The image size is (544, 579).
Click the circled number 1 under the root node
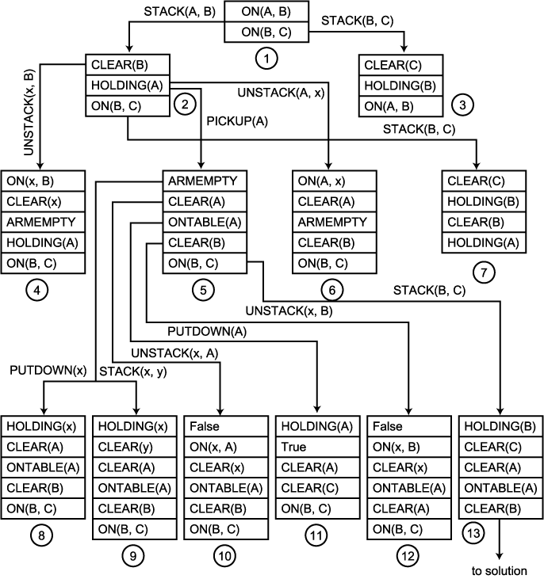pos(266,58)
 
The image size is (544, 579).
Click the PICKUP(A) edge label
pos(237,120)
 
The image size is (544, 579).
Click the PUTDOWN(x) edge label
pos(36,369)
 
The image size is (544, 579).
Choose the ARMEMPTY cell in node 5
pos(205,181)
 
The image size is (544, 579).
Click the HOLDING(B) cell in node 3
pos(399,86)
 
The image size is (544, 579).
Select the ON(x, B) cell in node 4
pos(43,181)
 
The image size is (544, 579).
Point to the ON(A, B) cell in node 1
pos(266,12)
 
